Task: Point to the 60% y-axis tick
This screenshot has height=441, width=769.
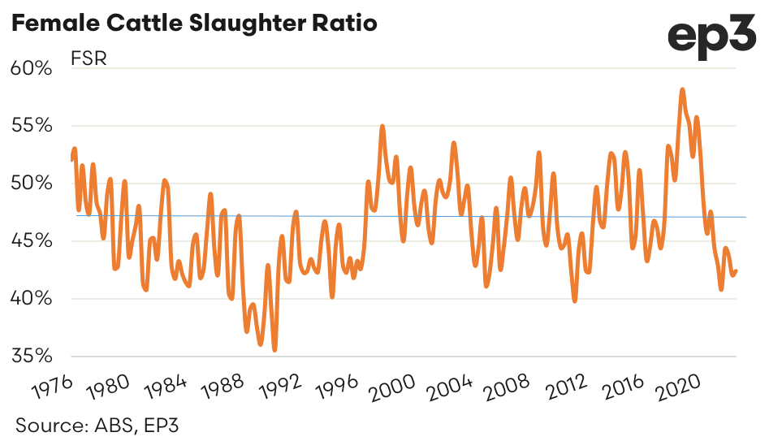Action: point(31,68)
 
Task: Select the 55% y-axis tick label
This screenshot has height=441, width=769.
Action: point(31,126)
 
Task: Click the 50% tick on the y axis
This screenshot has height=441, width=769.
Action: point(31,184)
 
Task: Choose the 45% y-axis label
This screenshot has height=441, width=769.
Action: point(31,241)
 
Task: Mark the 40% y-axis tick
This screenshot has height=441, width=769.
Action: point(31,299)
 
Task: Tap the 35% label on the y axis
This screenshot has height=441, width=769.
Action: point(31,357)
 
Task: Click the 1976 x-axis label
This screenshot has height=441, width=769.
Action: point(50,386)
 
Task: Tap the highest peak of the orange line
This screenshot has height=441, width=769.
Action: point(683,89)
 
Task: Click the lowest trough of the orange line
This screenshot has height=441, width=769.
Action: point(274,350)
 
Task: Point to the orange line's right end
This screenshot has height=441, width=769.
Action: point(736,271)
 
